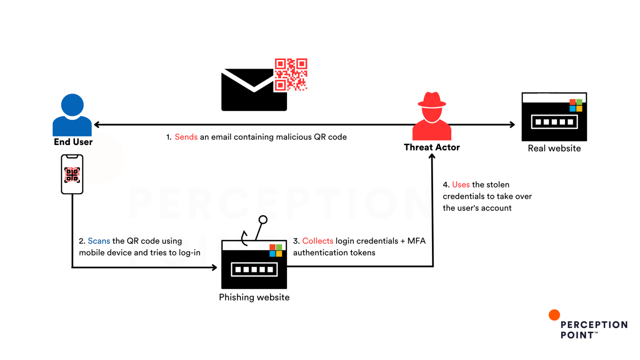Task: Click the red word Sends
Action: pyautogui.click(x=186, y=137)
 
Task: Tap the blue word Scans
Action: pyautogui.click(x=99, y=241)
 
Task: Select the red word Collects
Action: pyautogui.click(x=318, y=241)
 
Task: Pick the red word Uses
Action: pyautogui.click(x=461, y=185)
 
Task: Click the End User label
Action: pyautogui.click(x=73, y=142)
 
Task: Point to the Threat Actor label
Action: pyautogui.click(x=432, y=147)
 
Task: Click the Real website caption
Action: pyautogui.click(x=554, y=148)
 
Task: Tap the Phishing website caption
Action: pyautogui.click(x=254, y=297)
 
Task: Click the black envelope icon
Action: pyautogui.click(x=254, y=90)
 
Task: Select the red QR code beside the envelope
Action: pyautogui.click(x=291, y=75)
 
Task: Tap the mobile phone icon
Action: pyautogui.click(x=72, y=174)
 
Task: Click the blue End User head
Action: pyautogui.click(x=72, y=105)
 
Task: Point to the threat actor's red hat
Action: pyautogui.click(x=432, y=100)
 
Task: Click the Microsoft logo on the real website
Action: pyautogui.click(x=576, y=105)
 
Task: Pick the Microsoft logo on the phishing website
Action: pyautogui.click(x=276, y=250)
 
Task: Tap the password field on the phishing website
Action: pyautogui.click(x=254, y=270)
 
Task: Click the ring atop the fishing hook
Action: pyautogui.click(x=263, y=220)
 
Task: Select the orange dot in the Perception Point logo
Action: pyautogui.click(x=554, y=315)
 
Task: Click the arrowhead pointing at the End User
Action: pyautogui.click(x=97, y=125)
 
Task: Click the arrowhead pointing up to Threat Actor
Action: pyautogui.click(x=432, y=156)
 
